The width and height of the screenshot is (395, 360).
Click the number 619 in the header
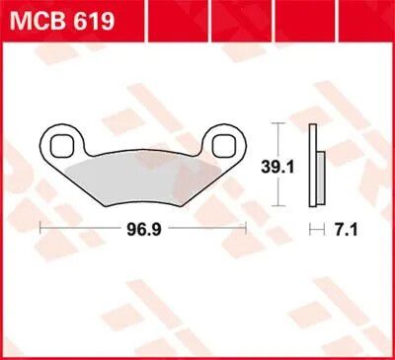click(x=96, y=20)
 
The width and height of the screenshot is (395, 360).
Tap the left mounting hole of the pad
click(x=61, y=145)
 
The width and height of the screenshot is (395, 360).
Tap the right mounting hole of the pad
click(x=224, y=145)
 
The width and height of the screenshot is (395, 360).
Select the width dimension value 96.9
click(x=144, y=230)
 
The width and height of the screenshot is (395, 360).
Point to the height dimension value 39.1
click(x=277, y=168)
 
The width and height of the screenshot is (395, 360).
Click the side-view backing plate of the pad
click(x=312, y=166)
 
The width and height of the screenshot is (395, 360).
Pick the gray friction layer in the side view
click(x=320, y=177)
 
